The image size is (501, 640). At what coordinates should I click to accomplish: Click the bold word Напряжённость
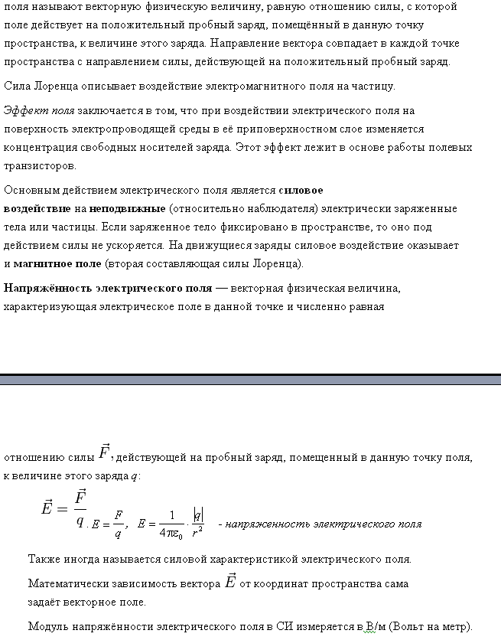[x=47, y=289]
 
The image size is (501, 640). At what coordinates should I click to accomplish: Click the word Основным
[x=30, y=191]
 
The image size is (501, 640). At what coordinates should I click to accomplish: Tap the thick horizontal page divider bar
[x=250, y=379]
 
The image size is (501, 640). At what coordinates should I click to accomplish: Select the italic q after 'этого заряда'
[x=135, y=476]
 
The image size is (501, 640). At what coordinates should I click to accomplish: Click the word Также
[x=44, y=560]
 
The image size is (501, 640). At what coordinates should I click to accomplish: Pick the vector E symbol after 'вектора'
[x=229, y=582]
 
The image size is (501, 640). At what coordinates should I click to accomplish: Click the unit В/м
[x=375, y=626]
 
